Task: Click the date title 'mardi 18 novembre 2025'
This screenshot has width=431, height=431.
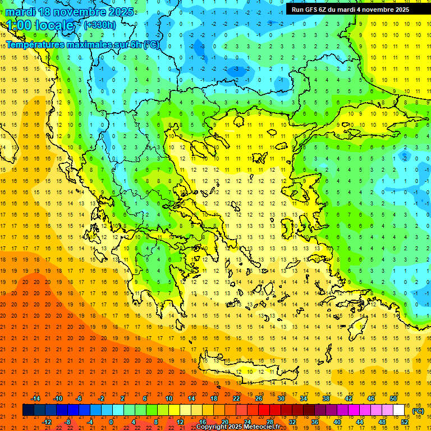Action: click(70, 12)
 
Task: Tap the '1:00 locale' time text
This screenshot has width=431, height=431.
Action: click(40, 25)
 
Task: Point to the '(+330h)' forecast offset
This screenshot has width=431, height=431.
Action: click(100, 25)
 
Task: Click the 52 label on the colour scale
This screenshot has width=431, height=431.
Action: click(405, 422)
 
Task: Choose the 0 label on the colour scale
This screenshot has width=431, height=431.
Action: click(112, 422)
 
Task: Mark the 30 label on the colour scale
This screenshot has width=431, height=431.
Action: click(281, 398)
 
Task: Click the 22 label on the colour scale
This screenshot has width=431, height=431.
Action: click(236, 398)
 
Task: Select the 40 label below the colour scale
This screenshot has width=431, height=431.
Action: click(337, 422)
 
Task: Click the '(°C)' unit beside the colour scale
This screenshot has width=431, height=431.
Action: click(418, 411)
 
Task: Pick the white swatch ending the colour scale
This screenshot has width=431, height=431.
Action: click(399, 410)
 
